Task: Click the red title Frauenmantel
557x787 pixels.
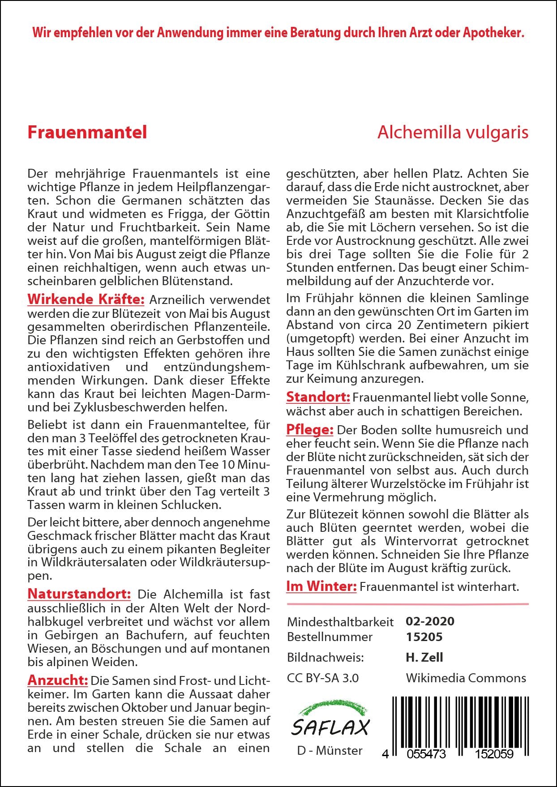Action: [x=87, y=133]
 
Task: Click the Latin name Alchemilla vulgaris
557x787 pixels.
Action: [x=453, y=133]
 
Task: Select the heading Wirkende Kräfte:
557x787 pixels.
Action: [x=86, y=299]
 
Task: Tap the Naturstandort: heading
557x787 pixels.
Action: [x=79, y=594]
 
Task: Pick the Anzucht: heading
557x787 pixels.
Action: [x=57, y=680]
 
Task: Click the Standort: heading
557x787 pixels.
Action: [x=318, y=397]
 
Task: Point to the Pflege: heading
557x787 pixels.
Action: [x=310, y=430]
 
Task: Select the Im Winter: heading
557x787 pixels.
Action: [x=321, y=586]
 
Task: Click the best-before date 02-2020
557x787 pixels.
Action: [x=430, y=621]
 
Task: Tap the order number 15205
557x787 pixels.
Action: [x=424, y=637]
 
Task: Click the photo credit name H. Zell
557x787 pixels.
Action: [x=424, y=658]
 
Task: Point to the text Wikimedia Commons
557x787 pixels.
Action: [x=466, y=678]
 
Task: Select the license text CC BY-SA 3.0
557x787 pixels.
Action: [x=322, y=678]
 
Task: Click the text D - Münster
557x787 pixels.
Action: [x=330, y=751]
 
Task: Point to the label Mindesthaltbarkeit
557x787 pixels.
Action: [x=340, y=622]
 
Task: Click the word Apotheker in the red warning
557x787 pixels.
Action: [x=493, y=33]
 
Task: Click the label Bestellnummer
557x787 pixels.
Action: [x=330, y=637]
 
